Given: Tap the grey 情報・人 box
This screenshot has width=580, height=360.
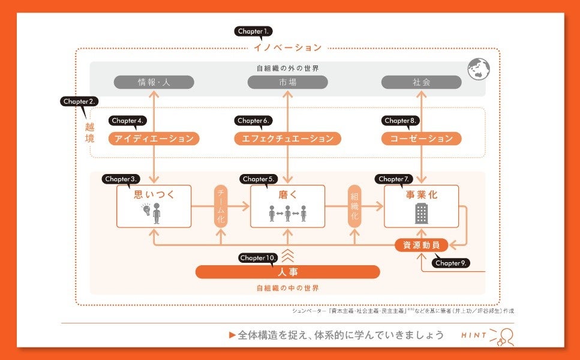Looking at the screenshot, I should point(154,82).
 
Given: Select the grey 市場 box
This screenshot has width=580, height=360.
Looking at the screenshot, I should point(288,82).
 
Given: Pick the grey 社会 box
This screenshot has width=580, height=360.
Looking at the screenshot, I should point(422,82).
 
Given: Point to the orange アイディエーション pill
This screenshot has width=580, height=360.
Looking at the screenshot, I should point(154,139).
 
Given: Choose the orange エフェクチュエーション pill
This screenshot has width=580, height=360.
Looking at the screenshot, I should point(288,139).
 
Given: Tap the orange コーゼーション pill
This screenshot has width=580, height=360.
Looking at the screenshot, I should point(422,139).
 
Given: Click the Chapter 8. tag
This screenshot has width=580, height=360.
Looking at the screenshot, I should point(400,121).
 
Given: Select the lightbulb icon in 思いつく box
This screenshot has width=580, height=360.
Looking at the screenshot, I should point(145,210).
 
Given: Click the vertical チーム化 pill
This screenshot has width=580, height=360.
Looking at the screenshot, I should point(221,206).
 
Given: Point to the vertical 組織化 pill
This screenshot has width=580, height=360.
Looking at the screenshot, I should point(354,206).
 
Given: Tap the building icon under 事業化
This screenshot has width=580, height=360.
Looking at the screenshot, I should point(422,213).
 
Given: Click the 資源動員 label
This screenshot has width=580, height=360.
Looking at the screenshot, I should point(421,245).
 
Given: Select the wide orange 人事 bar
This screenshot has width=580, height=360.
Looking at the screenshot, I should point(288,272).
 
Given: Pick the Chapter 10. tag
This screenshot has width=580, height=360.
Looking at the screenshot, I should point(258,258).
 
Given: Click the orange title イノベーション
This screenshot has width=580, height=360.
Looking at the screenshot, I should point(288,47).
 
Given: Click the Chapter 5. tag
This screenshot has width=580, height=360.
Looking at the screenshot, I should point(259,179).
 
